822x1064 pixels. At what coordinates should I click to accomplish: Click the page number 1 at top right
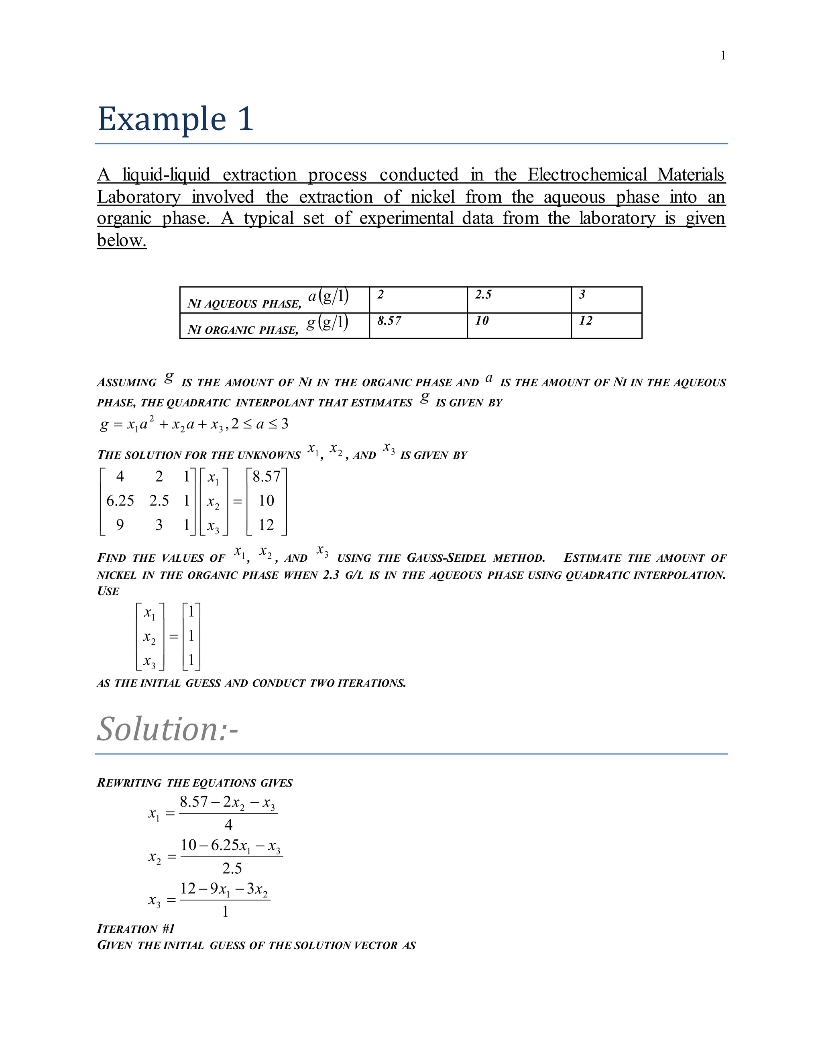pyautogui.click(x=722, y=55)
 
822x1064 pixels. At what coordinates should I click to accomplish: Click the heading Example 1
pyautogui.click(x=175, y=119)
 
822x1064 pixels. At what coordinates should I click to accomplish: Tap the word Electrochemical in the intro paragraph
pyautogui.click(x=586, y=174)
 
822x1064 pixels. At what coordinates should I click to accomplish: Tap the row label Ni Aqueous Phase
pyautogui.click(x=244, y=304)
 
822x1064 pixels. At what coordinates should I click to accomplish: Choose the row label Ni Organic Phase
pyautogui.click(x=242, y=330)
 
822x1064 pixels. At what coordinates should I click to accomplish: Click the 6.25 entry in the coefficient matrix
pyautogui.click(x=120, y=500)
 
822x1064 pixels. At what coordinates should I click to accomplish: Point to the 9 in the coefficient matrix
pyautogui.click(x=120, y=525)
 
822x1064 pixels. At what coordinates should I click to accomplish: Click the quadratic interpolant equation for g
pyautogui.click(x=194, y=424)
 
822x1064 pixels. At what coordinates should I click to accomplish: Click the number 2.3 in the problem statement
pyautogui.click(x=331, y=575)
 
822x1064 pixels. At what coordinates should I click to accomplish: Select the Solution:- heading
pyautogui.click(x=167, y=729)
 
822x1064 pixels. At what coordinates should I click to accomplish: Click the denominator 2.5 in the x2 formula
pyautogui.click(x=232, y=868)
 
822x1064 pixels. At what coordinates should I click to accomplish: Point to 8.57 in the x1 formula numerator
pyautogui.click(x=193, y=802)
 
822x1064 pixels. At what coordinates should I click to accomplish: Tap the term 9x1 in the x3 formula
pyautogui.click(x=220, y=889)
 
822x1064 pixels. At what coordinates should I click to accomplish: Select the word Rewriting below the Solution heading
pyautogui.click(x=129, y=783)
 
